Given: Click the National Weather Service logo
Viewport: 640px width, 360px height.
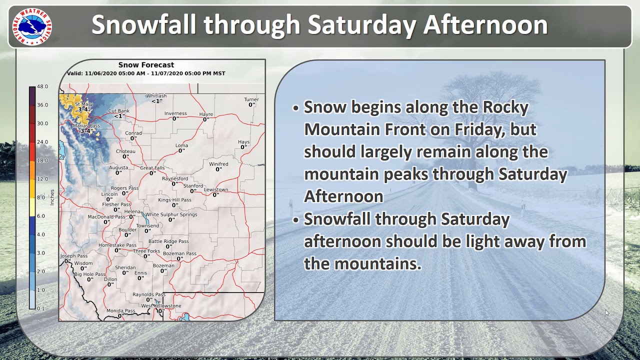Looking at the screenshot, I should (x=32, y=26).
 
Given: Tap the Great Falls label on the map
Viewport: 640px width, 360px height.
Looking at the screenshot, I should (x=152, y=168).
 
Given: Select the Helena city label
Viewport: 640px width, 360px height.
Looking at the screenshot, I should (x=132, y=211).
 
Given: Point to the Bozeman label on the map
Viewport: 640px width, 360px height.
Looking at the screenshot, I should (x=163, y=265).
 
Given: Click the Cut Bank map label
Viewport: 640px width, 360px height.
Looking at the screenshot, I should (x=119, y=110).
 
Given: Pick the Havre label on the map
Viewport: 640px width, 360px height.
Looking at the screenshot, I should (x=206, y=114).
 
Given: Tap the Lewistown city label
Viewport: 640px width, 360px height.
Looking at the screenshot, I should (x=215, y=189).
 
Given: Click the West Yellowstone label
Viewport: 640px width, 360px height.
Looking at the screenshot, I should (x=161, y=305).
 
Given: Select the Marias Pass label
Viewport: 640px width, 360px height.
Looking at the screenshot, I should (x=86, y=125).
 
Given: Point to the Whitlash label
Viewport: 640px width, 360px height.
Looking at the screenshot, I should (x=156, y=95).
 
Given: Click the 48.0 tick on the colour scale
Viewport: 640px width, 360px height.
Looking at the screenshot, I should (x=42, y=86).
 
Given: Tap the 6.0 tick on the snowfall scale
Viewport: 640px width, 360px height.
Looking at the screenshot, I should (x=41, y=216).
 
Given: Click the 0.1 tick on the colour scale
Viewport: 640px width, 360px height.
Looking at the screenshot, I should (x=41, y=308).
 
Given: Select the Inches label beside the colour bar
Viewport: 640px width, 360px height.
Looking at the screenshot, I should (x=52, y=197).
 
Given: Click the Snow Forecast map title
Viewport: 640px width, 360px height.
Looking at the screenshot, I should (x=146, y=65).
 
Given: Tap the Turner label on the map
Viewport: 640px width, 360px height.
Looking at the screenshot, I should (x=251, y=99).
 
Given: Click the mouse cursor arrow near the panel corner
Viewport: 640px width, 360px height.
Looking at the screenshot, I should (x=607, y=313).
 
